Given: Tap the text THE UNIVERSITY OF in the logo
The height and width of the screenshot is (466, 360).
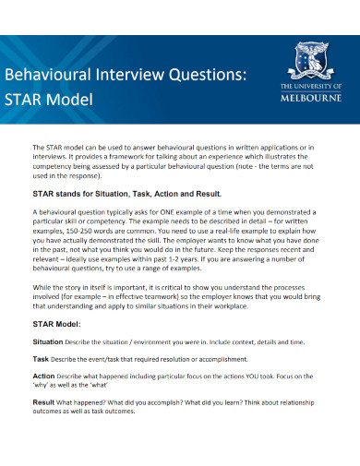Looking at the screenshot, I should pyautogui.click(x=310, y=86).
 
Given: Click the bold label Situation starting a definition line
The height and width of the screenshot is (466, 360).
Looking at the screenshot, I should pyautogui.click(x=49, y=341).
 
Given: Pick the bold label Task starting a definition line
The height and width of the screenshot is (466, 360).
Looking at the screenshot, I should pyautogui.click(x=41, y=358).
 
